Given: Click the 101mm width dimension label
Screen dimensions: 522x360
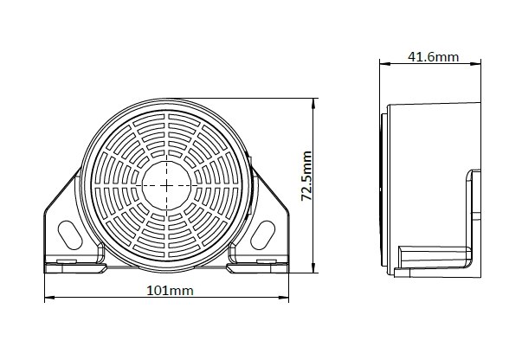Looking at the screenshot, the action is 171,291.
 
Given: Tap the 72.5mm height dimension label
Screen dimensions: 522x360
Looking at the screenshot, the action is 306,176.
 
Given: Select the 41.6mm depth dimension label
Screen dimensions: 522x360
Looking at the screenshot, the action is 434,57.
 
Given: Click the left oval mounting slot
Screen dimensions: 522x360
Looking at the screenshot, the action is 69,235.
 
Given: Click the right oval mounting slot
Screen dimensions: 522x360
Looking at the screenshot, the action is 262,235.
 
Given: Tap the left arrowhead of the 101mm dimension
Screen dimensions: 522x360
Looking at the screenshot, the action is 49,297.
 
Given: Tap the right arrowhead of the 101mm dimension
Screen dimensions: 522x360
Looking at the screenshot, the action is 284,297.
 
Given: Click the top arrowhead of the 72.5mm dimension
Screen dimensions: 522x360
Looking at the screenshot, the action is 313,103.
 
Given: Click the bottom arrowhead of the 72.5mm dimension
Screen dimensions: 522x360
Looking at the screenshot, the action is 313,268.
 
